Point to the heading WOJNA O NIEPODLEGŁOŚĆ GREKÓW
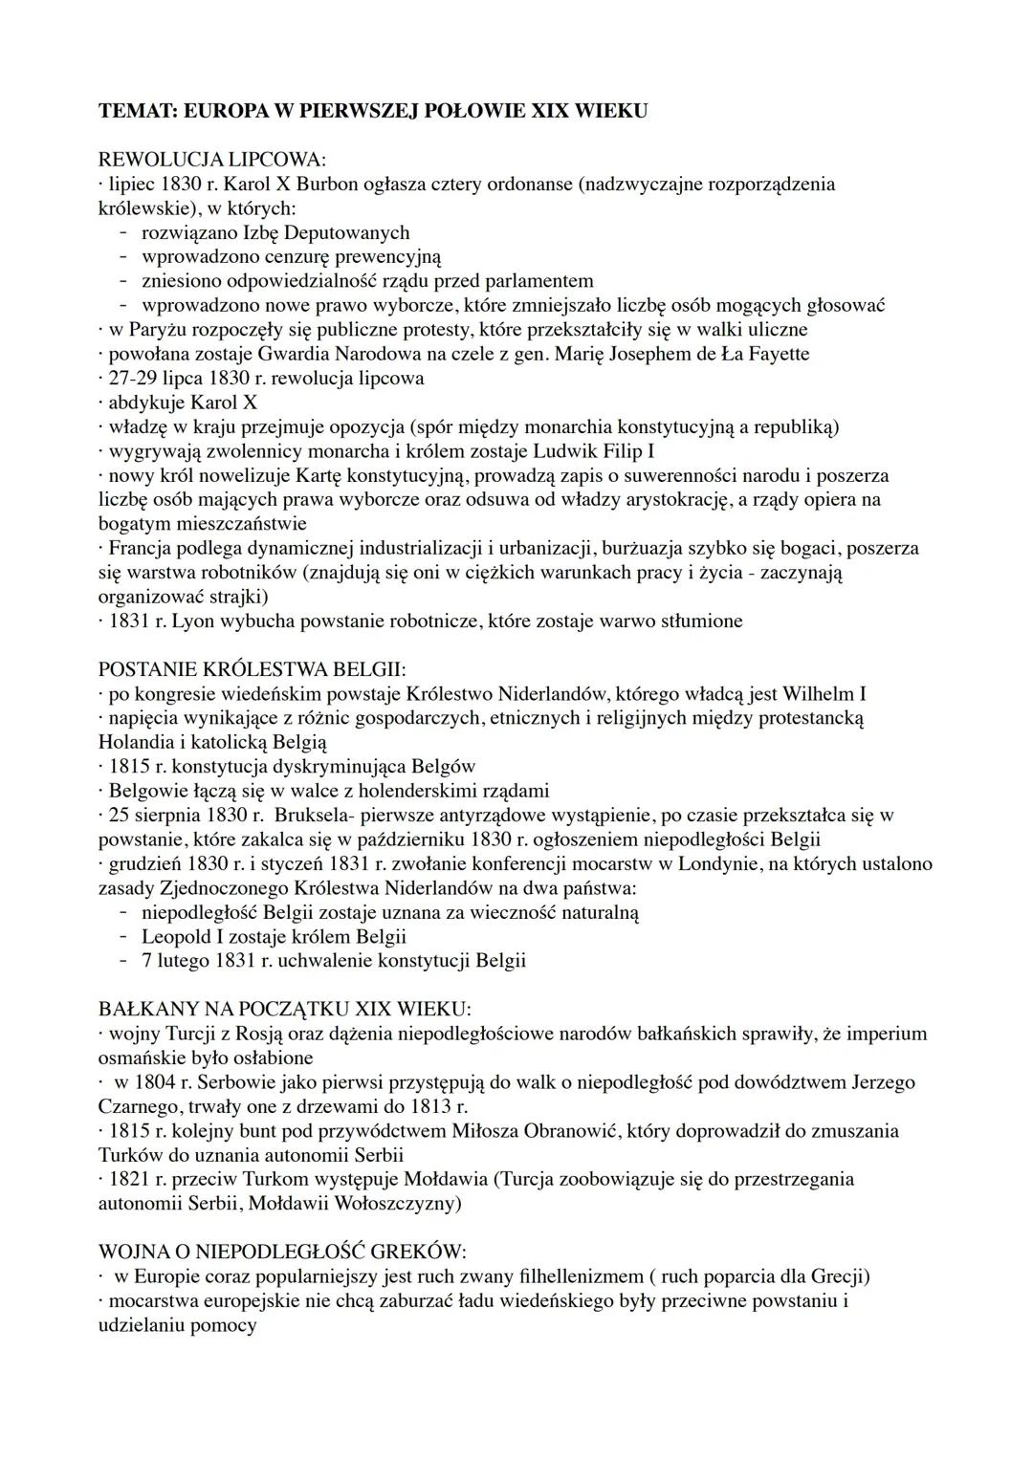click(282, 1252)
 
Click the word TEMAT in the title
click(135, 111)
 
